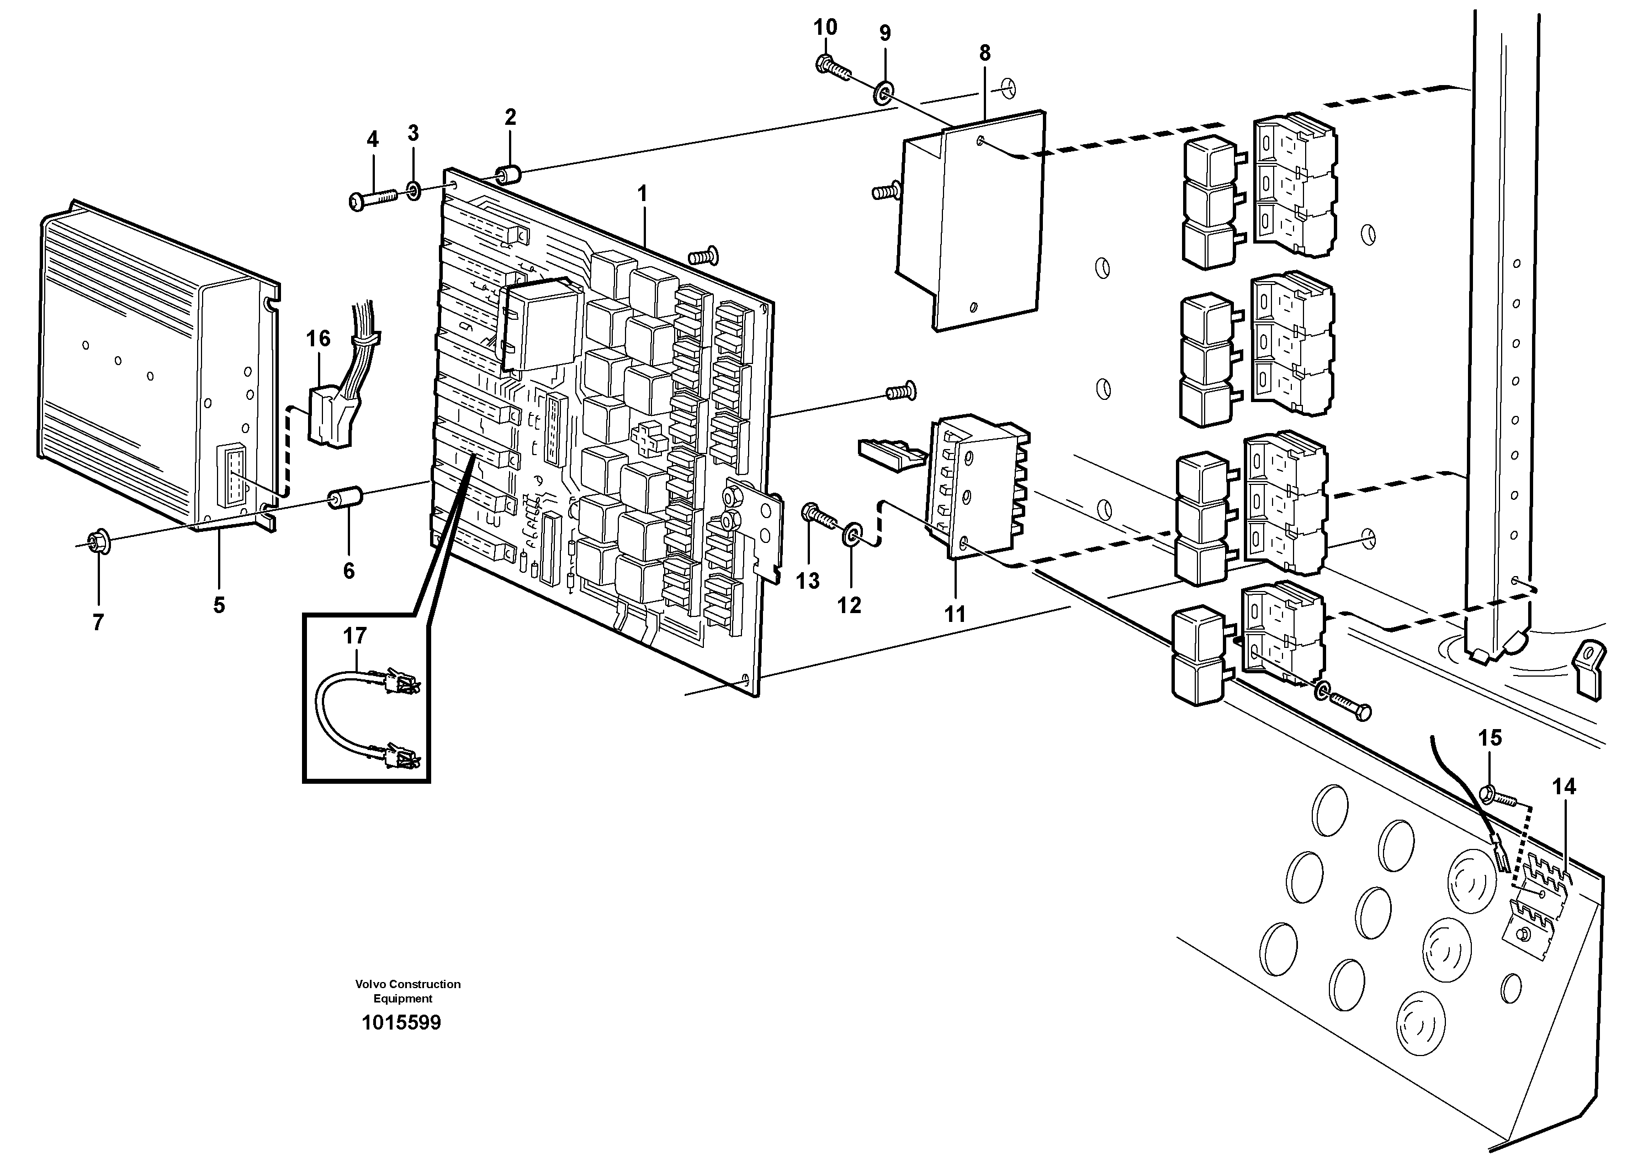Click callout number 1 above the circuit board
pyautogui.click(x=642, y=193)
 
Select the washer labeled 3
pyautogui.click(x=414, y=191)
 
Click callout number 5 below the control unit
pyautogui.click(x=219, y=605)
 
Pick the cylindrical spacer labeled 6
pyautogui.click(x=346, y=498)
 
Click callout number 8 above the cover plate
pyautogui.click(x=985, y=52)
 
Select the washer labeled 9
pyautogui.click(x=884, y=92)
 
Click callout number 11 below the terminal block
pyautogui.click(x=955, y=614)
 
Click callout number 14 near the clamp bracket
pyautogui.click(x=1563, y=787)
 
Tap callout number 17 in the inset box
pyautogui.click(x=355, y=636)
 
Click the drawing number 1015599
pyautogui.click(x=401, y=1023)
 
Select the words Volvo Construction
pyautogui.click(x=408, y=984)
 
